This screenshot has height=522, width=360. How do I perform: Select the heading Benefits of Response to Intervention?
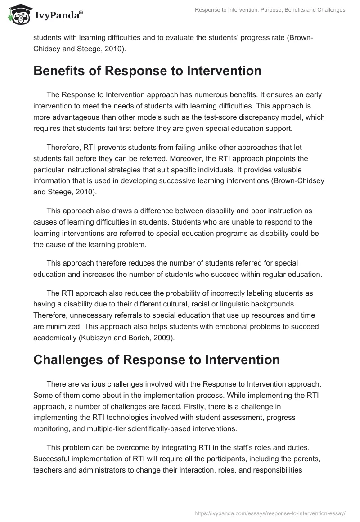click(x=147, y=71)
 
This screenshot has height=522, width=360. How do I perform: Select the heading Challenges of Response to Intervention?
click(x=156, y=360)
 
